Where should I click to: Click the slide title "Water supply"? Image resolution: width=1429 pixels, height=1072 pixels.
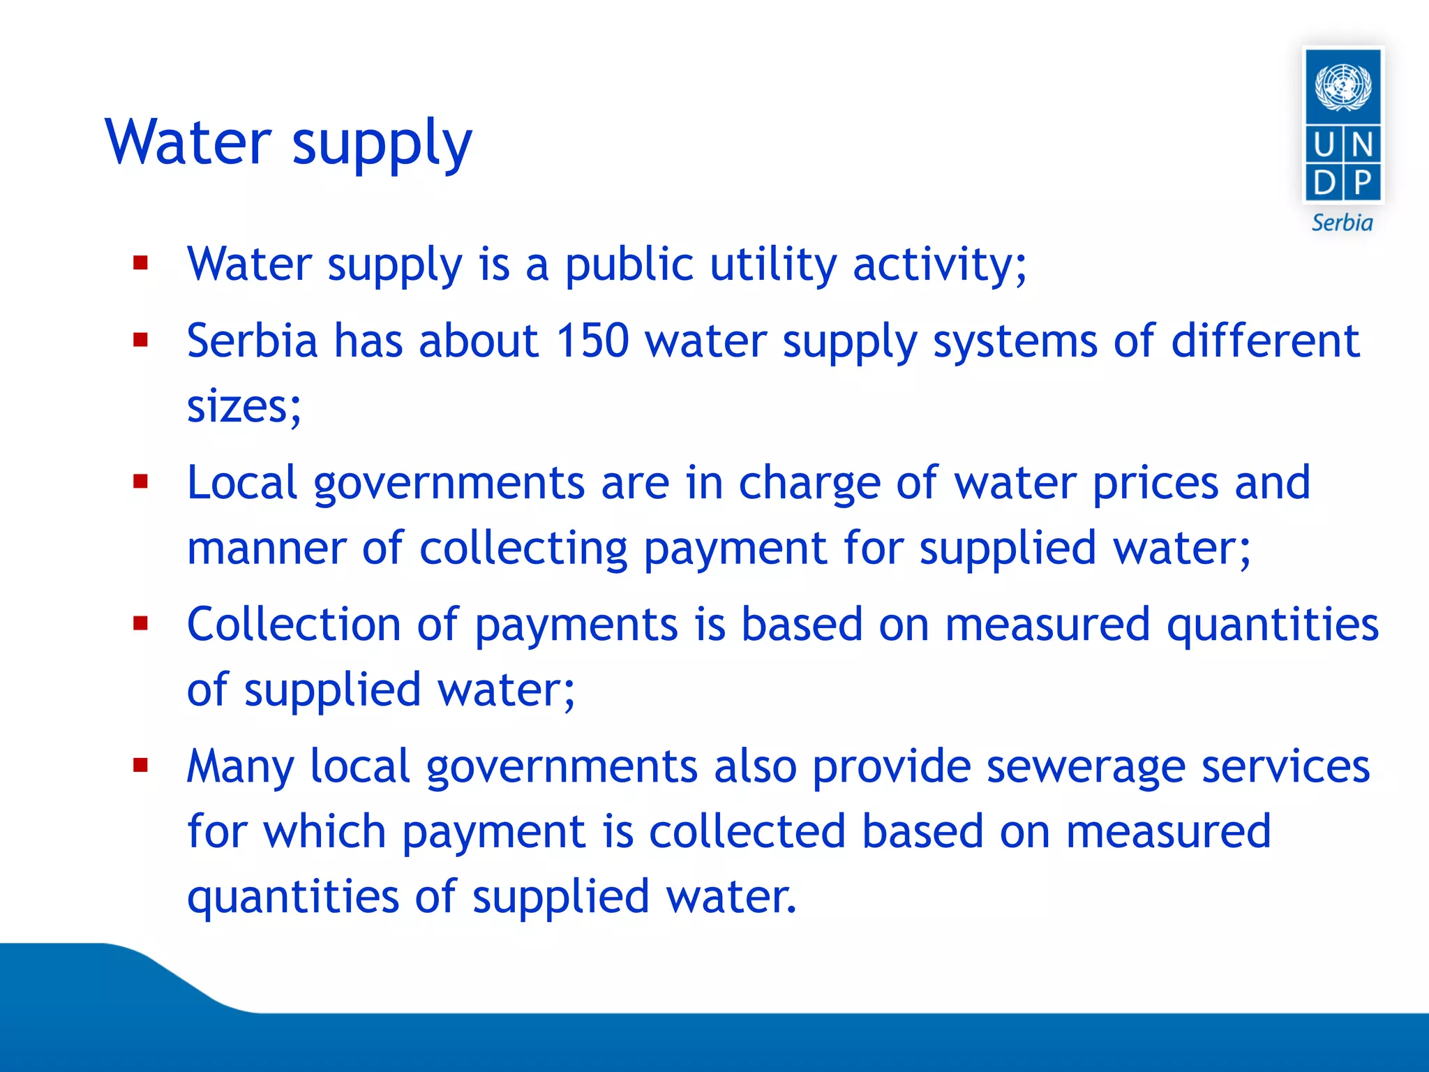coord(288,143)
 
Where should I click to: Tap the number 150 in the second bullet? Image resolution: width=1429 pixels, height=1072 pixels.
coord(592,341)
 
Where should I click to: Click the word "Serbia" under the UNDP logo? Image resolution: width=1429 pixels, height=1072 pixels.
coord(1342,223)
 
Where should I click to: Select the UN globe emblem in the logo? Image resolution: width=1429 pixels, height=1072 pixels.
coord(1342,87)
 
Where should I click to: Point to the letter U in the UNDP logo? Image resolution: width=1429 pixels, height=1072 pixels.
coord(1324,146)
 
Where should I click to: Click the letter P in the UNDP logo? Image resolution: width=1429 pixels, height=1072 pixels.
coord(1362,184)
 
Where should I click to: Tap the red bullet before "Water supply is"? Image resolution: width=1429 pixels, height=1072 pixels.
coord(141,263)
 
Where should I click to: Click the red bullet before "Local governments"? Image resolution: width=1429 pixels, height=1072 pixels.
coord(141,482)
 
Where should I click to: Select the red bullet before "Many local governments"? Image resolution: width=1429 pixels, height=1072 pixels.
coord(141,766)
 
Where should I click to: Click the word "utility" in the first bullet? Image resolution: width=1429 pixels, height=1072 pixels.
coord(773,265)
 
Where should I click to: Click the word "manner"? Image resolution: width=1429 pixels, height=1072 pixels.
coord(266,548)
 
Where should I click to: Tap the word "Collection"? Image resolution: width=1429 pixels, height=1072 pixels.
coord(294,624)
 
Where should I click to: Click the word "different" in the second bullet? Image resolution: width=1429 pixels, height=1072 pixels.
coord(1265,341)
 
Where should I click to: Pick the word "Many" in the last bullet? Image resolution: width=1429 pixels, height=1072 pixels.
coord(241,767)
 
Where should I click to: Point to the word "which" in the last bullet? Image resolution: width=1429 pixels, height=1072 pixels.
coord(324,832)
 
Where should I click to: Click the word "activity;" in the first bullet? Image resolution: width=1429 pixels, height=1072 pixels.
coord(939,265)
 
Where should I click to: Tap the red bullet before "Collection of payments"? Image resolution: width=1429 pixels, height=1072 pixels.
coord(141,623)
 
